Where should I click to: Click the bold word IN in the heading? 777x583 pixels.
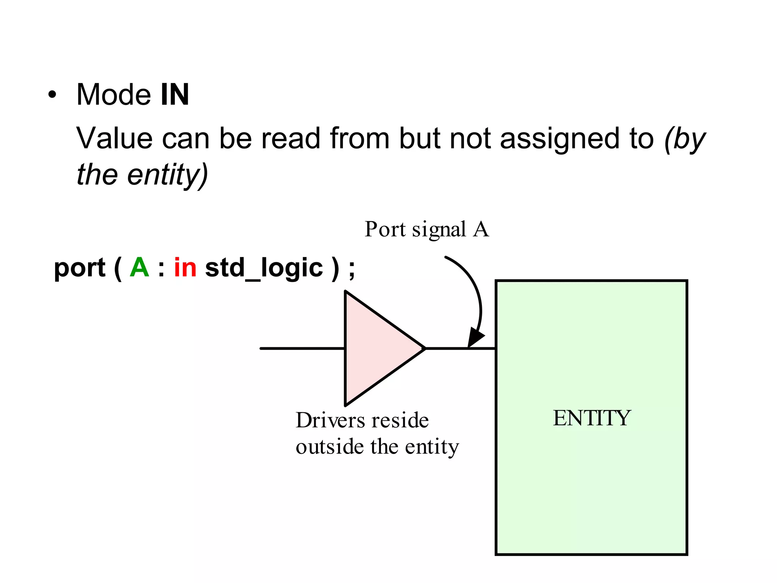(x=175, y=95)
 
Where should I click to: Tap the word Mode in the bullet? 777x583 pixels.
(x=113, y=95)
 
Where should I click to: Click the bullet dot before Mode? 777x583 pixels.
(x=52, y=95)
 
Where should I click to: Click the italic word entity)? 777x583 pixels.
(x=167, y=175)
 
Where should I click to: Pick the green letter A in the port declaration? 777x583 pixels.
(x=139, y=268)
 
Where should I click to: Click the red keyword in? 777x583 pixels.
(x=185, y=268)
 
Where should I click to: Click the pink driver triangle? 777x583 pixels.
(x=376, y=348)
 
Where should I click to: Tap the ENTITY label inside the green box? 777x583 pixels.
(x=591, y=418)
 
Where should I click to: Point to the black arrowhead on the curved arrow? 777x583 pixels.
(x=475, y=337)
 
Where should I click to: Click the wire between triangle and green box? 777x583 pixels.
(x=460, y=348)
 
